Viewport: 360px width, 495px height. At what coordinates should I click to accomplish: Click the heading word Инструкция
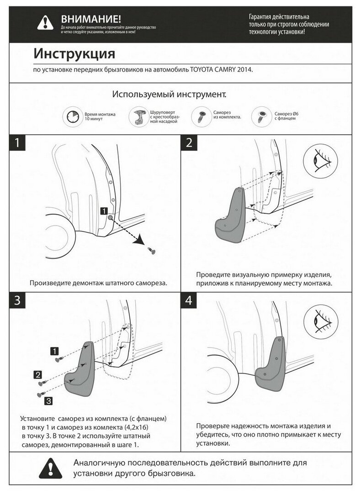[x=74, y=53]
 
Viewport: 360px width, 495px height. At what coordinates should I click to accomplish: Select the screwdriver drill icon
[x=138, y=117]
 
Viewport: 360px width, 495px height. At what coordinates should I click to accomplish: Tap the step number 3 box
[x=17, y=300]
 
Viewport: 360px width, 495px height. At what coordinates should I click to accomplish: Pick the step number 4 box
[x=189, y=300]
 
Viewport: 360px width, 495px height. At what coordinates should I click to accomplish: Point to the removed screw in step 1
[x=151, y=250]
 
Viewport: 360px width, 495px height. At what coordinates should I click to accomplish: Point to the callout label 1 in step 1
[x=104, y=211]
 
